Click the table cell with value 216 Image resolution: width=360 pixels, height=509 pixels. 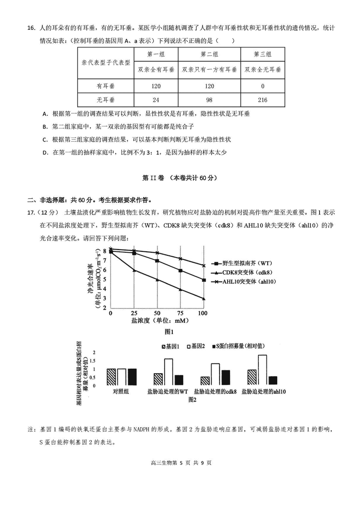pyautogui.click(x=263, y=99)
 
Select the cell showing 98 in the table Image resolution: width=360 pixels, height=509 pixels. pyautogui.click(x=209, y=99)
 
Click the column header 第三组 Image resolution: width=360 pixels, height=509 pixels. pyautogui.click(x=263, y=54)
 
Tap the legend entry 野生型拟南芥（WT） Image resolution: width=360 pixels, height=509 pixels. pyautogui.click(x=247, y=263)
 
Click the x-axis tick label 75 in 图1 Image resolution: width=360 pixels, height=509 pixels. pyautogui.click(x=180, y=313)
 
